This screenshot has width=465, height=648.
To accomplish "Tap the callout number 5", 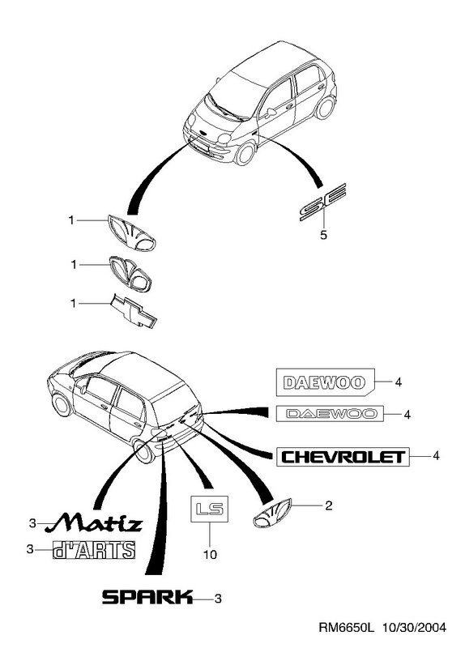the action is click(x=323, y=235).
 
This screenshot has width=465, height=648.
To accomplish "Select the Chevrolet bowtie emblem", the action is click(x=134, y=311).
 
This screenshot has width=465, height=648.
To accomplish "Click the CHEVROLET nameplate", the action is click(x=343, y=457).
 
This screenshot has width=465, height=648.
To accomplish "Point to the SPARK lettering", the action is click(x=147, y=597).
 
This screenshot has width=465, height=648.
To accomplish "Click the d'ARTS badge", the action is click(x=94, y=550).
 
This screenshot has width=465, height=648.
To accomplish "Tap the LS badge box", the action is click(x=209, y=509).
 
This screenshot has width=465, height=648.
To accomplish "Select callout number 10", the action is click(x=210, y=554).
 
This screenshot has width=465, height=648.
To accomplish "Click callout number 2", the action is click(x=328, y=505).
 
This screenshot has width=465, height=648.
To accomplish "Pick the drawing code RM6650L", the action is click(x=346, y=628).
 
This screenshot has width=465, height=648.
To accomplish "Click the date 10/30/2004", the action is click(x=414, y=628).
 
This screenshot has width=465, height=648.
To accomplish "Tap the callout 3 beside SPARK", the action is click(x=218, y=599).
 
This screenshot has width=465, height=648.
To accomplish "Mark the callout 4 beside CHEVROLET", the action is click(x=436, y=456).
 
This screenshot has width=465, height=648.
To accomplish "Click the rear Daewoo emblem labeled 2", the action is click(x=272, y=514).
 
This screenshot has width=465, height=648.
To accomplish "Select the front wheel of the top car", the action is click(x=246, y=152).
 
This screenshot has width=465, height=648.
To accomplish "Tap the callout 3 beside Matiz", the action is click(x=32, y=523).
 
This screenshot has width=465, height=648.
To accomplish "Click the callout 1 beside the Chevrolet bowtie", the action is click(x=73, y=304).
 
